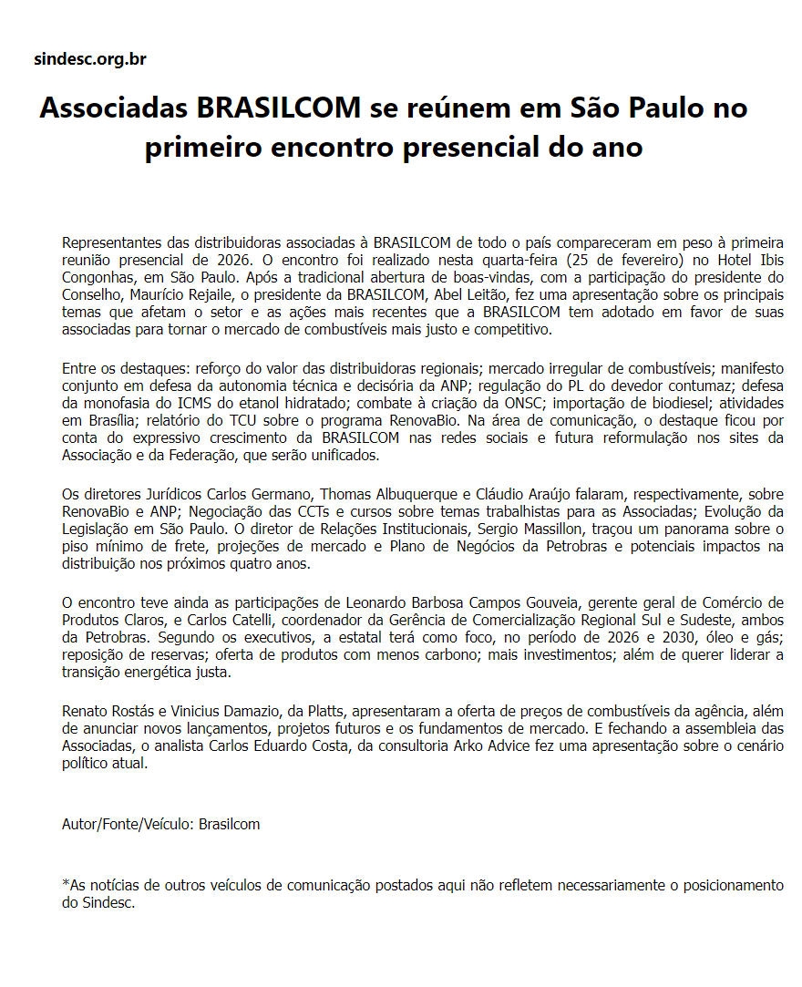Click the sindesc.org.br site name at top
click(90, 59)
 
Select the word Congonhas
click(100, 277)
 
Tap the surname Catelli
click(234, 620)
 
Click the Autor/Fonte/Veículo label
click(129, 824)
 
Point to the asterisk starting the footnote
click(66, 884)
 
